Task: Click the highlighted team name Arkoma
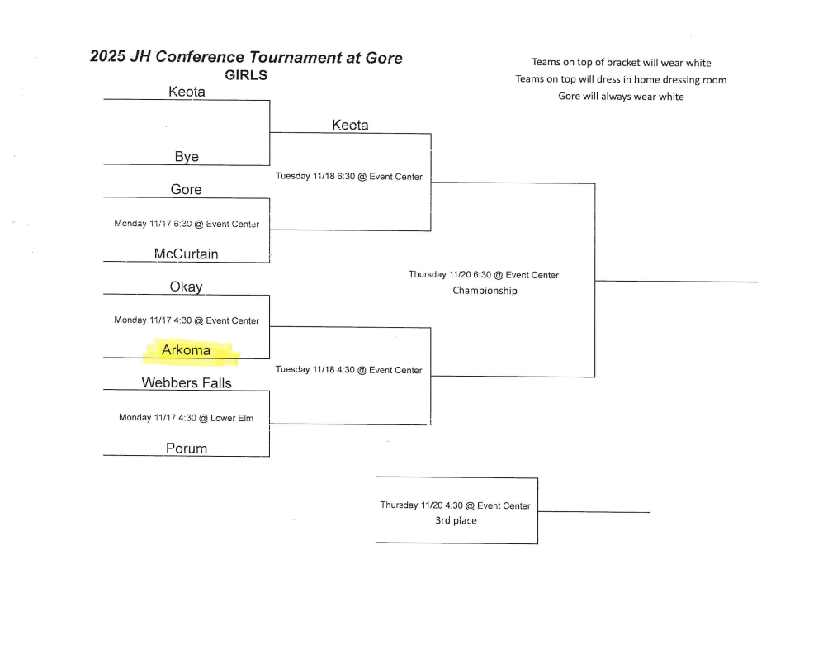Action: [x=186, y=350]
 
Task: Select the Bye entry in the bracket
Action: [x=187, y=157]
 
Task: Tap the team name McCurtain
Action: [x=187, y=254]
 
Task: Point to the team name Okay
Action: [x=186, y=287]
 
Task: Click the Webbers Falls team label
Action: [x=187, y=382]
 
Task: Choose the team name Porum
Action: [x=187, y=448]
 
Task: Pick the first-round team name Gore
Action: [x=186, y=189]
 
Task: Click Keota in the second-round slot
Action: [x=350, y=125]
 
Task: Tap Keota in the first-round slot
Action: [x=187, y=92]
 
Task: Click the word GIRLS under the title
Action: [x=246, y=75]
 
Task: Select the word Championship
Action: [x=485, y=291]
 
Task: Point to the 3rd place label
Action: [x=456, y=521]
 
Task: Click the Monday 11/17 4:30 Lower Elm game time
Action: [x=186, y=418]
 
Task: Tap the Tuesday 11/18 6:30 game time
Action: [x=348, y=177]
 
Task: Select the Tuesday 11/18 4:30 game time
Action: [x=348, y=370]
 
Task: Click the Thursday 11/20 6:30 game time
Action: [x=483, y=275]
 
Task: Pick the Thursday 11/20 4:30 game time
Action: [x=455, y=505]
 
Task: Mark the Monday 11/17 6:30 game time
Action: [x=186, y=224]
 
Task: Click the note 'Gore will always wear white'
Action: [x=621, y=97]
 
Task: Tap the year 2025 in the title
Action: [x=107, y=57]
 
